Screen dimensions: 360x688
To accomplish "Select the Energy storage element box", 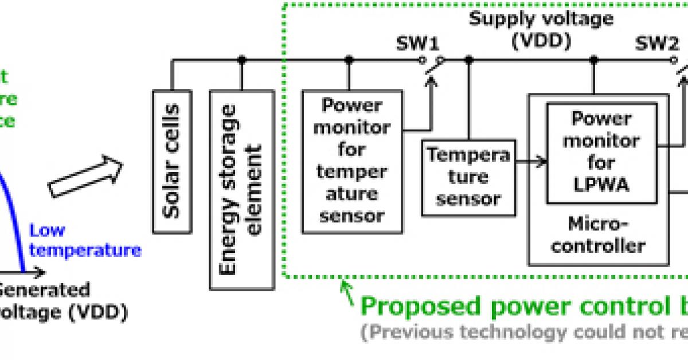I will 241,189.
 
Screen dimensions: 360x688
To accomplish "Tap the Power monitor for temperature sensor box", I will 352,161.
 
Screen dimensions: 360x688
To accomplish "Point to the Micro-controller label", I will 598,234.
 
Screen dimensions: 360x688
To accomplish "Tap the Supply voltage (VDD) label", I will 541,29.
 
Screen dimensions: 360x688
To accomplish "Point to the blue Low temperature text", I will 85,241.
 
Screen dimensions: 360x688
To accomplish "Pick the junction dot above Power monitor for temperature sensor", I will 350,59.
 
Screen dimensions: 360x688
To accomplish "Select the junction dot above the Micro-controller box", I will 594,59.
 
